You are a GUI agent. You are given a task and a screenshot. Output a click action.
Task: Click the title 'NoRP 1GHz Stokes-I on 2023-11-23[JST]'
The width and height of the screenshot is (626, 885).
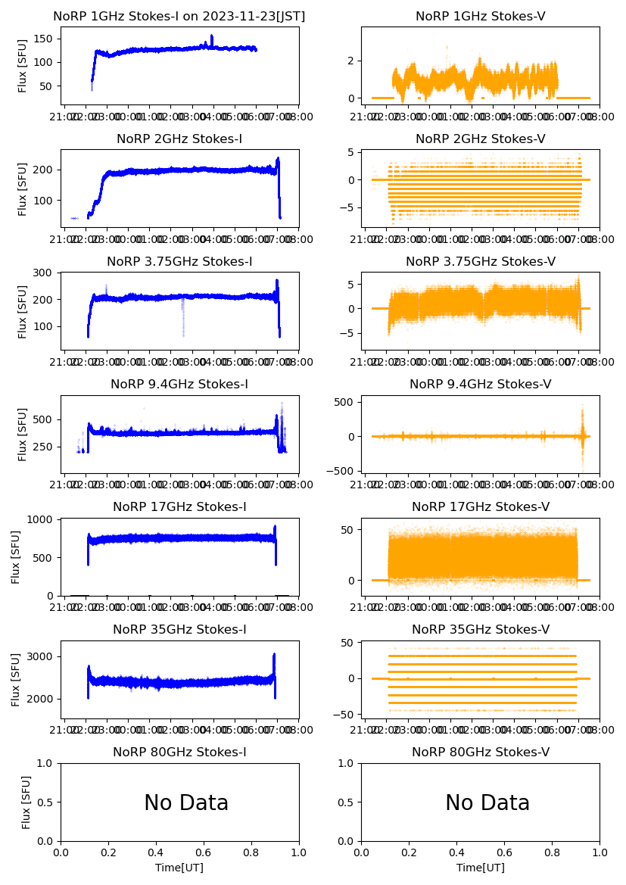pyautogui.click(x=179, y=17)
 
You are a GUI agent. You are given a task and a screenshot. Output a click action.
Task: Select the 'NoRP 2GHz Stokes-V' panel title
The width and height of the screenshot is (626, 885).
pyautogui.click(x=481, y=139)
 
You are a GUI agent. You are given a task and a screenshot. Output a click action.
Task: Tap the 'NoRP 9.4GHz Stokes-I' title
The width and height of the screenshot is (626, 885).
pyautogui.click(x=179, y=385)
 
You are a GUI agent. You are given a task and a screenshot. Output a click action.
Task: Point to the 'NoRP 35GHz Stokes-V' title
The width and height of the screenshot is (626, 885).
pyautogui.click(x=481, y=630)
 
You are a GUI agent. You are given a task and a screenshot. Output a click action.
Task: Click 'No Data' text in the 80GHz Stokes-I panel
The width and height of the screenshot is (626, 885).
pyautogui.click(x=186, y=803)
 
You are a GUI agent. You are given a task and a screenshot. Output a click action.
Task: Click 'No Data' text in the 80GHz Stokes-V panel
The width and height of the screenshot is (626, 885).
pyautogui.click(x=487, y=803)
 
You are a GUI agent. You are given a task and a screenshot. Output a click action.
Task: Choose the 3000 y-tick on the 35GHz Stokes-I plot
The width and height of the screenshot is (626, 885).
pyautogui.click(x=42, y=656)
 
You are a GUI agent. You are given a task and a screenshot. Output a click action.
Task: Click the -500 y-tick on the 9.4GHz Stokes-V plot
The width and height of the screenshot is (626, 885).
pyautogui.click(x=342, y=471)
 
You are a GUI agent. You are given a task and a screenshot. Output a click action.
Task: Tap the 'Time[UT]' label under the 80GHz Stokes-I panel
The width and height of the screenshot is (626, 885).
pyautogui.click(x=179, y=868)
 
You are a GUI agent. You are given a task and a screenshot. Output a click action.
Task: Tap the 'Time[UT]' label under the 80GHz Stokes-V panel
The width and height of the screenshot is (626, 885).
pyautogui.click(x=481, y=868)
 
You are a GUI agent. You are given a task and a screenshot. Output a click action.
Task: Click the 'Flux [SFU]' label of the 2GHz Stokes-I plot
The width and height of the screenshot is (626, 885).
pyautogui.click(x=23, y=189)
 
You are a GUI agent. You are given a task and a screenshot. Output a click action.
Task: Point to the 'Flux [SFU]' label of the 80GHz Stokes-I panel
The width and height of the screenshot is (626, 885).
pyautogui.click(x=26, y=802)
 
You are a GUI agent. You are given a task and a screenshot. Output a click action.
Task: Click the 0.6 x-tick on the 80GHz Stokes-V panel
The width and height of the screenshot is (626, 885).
pyautogui.click(x=505, y=852)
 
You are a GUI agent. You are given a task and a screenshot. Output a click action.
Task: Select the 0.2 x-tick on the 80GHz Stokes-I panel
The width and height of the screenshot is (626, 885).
pyautogui.click(x=109, y=852)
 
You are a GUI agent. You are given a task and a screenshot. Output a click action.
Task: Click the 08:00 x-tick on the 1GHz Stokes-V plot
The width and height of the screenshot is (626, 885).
pyautogui.click(x=600, y=117)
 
